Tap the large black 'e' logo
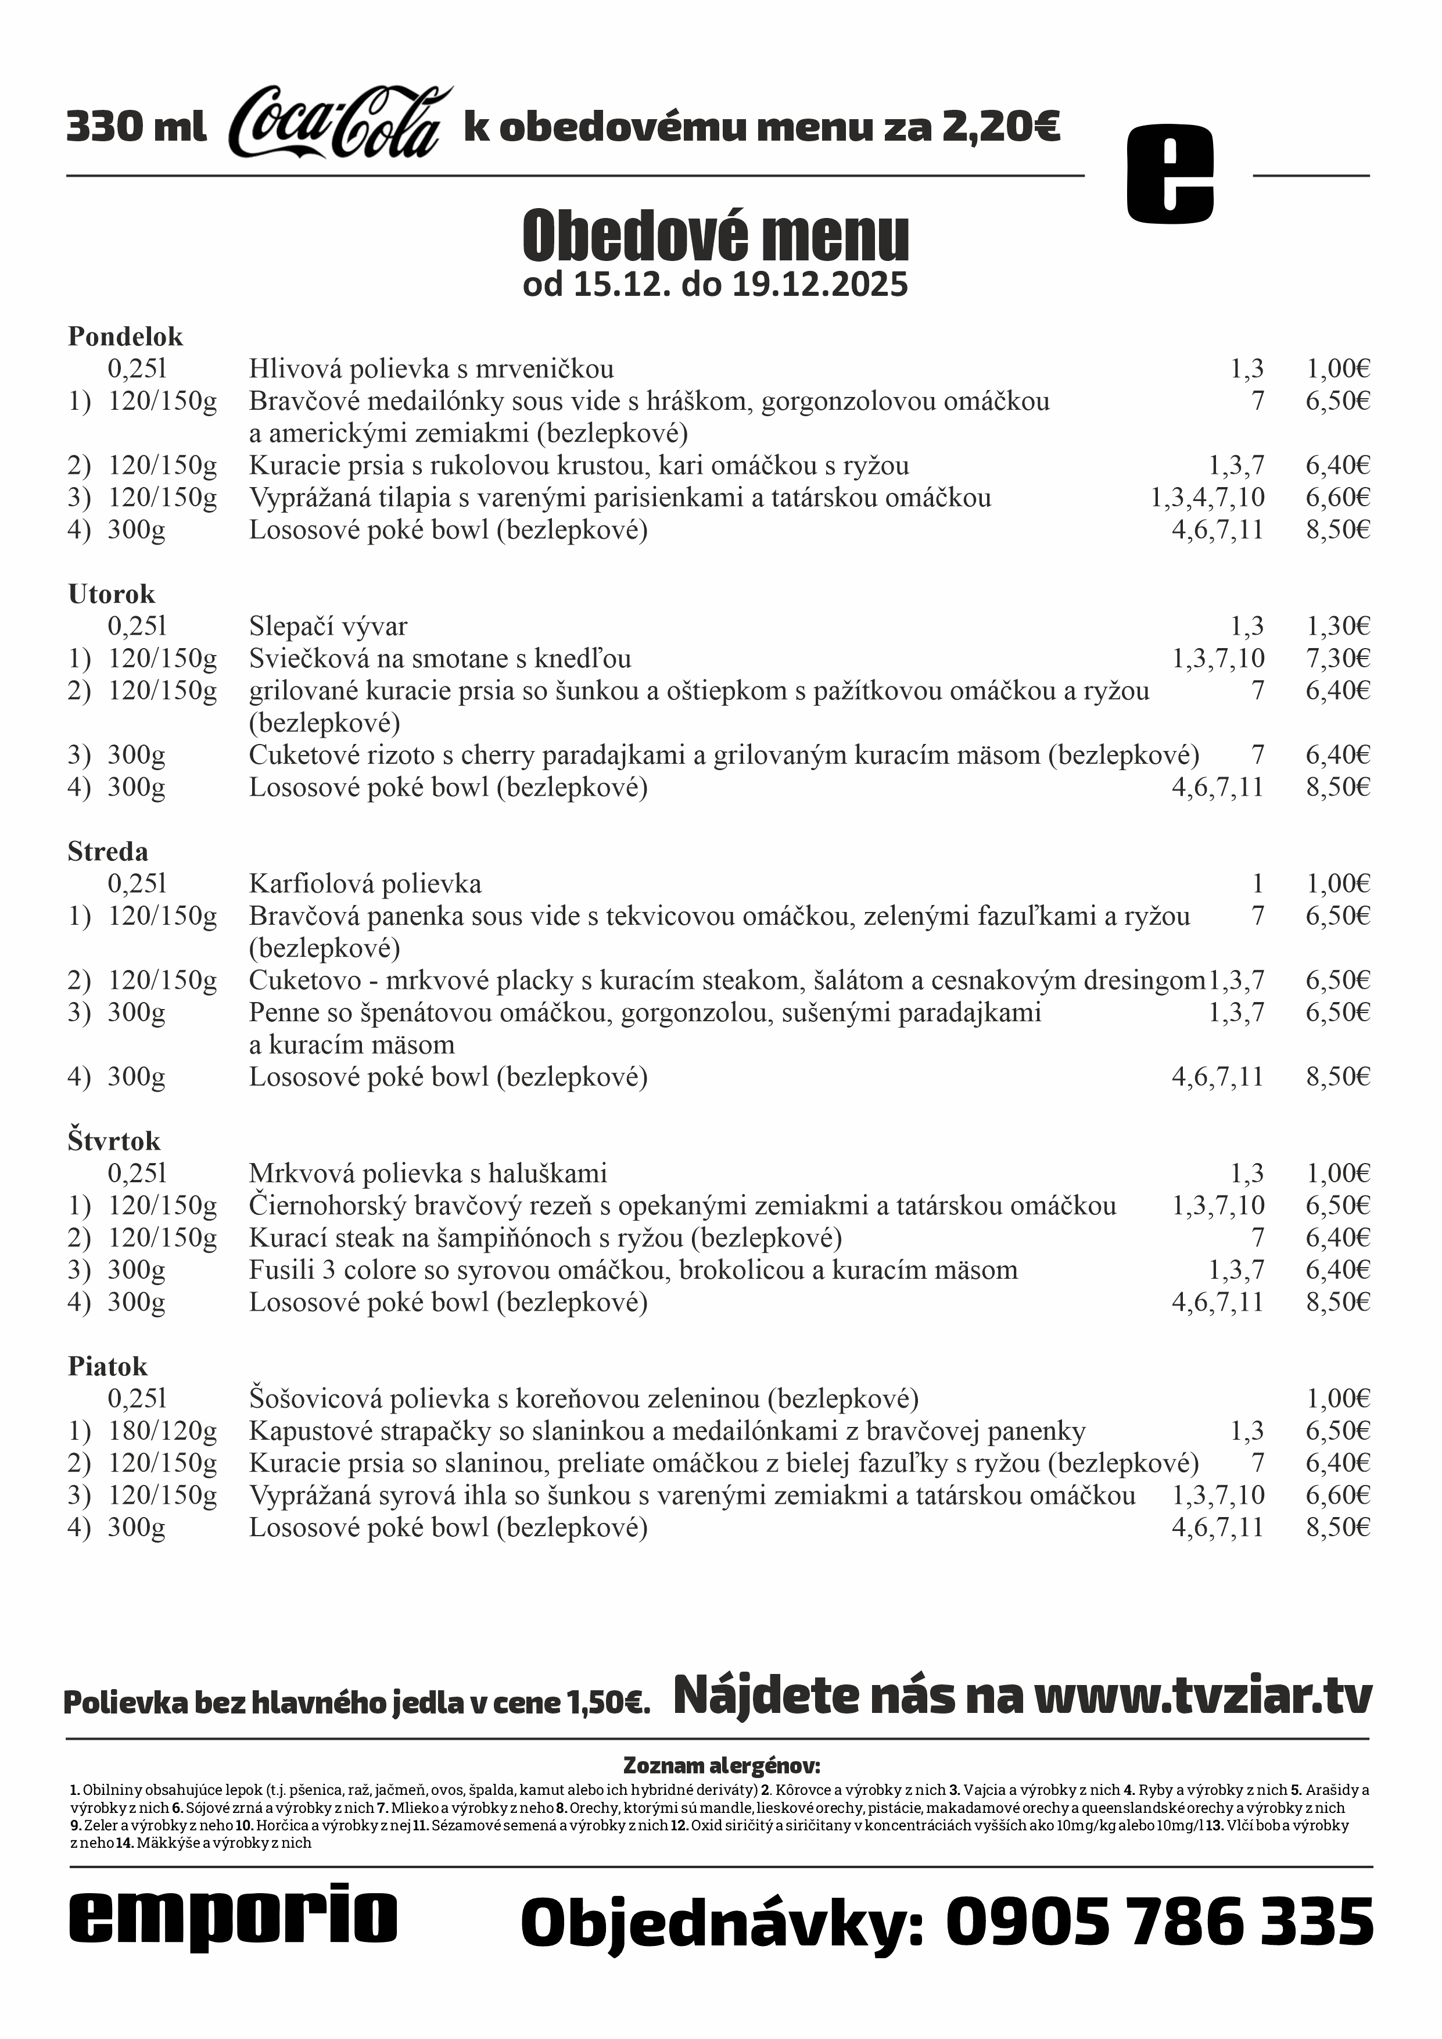coord(1170,173)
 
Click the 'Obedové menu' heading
coord(716,236)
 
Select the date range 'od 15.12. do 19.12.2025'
coord(716,285)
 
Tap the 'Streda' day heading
coord(107,852)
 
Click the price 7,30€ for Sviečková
coord(1337,659)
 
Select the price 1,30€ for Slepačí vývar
coord(1337,627)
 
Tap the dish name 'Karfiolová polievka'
coord(365,885)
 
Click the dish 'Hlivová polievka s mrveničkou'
coord(431,370)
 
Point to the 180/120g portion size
coord(163,1432)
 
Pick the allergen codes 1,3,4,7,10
coord(1208,498)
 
